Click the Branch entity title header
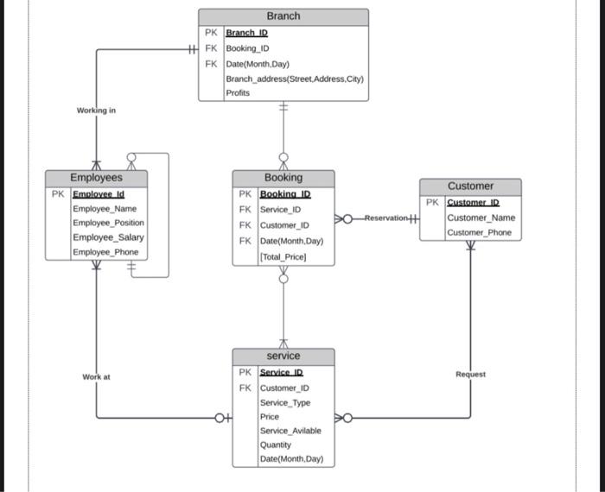(283, 16)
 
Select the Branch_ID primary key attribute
(246, 33)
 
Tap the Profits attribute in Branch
(238, 92)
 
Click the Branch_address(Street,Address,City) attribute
(295, 79)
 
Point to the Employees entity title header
(96, 178)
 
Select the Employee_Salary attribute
(108, 237)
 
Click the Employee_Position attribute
(108, 223)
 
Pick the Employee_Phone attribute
(105, 252)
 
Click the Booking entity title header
(283, 178)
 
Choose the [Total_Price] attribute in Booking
(283, 257)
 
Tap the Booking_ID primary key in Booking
(284, 194)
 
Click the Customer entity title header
(470, 186)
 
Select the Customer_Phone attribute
(479, 233)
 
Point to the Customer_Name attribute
(481, 218)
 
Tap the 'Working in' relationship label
(96, 110)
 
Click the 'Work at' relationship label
(96, 377)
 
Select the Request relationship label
(470, 375)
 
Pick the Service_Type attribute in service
(284, 403)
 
